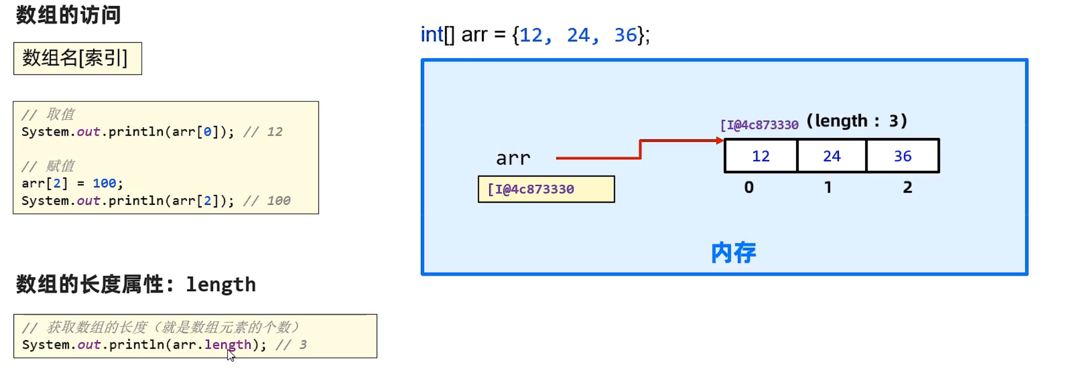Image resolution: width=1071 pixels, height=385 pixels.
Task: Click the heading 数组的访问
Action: point(68,15)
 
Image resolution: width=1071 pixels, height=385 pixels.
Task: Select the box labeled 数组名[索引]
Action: point(77,58)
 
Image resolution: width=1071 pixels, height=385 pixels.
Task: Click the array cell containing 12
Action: point(761,156)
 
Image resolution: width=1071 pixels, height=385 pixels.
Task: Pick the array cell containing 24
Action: point(831,156)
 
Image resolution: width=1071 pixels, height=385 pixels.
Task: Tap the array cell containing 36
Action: point(902,156)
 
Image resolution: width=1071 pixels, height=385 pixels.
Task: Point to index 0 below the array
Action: point(748,187)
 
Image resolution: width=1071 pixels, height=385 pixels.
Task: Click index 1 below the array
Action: point(828,187)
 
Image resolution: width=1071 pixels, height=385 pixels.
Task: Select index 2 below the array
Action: point(907,187)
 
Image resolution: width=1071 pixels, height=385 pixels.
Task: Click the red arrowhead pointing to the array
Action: point(720,141)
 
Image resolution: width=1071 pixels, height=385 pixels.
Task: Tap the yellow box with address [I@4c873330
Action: point(546,189)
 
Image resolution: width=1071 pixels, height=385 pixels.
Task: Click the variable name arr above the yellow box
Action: point(513,159)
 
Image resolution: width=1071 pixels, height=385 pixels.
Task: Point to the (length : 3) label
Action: point(856,121)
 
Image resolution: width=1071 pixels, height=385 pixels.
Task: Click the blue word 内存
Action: point(733,252)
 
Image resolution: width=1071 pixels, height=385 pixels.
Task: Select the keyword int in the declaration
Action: point(432,35)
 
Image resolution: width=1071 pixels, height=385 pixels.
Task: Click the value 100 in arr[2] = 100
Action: point(104,183)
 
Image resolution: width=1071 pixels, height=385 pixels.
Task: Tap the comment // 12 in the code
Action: point(263,132)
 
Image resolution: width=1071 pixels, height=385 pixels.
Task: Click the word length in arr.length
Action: point(228,345)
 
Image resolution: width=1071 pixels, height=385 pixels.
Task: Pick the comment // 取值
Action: point(48,114)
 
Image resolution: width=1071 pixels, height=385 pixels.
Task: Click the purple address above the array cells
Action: point(759,125)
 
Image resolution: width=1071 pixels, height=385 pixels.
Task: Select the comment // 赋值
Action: point(48,166)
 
